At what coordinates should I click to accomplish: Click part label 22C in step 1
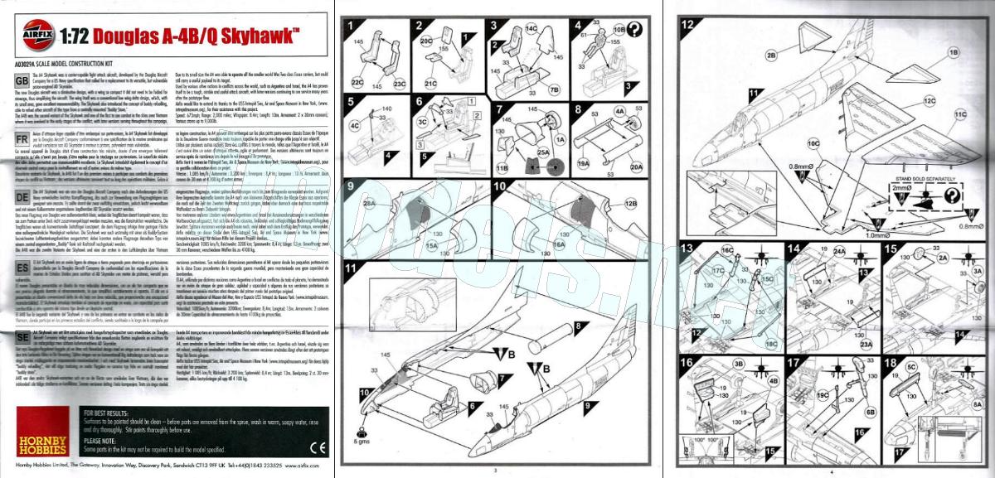[357, 82]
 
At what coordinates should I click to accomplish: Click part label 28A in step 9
[369, 202]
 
